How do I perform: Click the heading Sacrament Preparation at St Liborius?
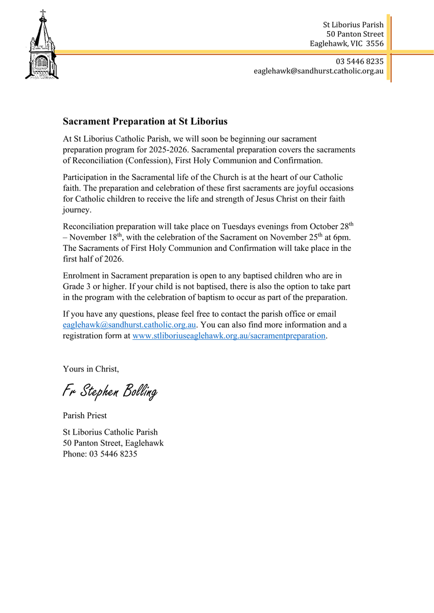145,122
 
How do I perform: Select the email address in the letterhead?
318,72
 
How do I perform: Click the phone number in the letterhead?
359,61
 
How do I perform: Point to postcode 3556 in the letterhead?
375,44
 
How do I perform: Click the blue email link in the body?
129,325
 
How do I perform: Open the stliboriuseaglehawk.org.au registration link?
229,336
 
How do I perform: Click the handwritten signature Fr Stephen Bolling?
109,391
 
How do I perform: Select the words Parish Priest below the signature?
84,415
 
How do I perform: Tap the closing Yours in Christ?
90,369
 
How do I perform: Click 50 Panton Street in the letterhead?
358,34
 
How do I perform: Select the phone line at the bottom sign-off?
100,454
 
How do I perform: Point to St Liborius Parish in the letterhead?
353,25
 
